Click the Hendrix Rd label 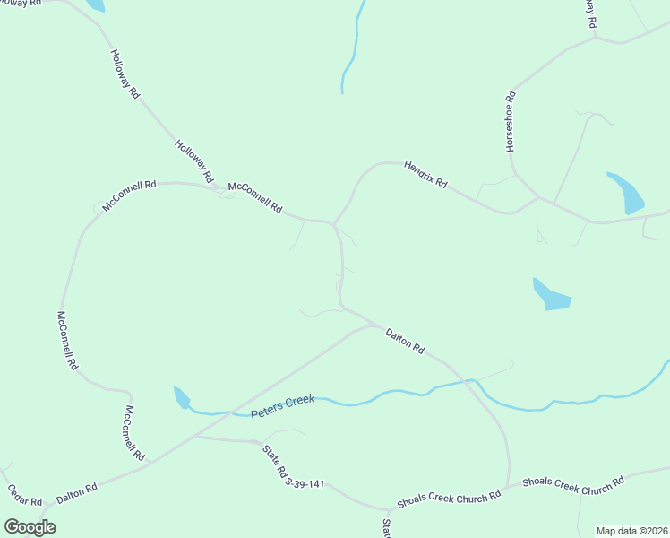425,174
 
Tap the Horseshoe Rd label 511,120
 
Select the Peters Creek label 282,406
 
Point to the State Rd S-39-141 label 291,467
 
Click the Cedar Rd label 24,496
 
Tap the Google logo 30,526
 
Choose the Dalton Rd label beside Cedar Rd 76,493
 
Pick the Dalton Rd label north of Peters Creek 404,342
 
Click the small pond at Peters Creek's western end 182,396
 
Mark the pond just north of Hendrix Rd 626,193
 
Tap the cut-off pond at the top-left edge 94,4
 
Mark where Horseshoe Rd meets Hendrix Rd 537,197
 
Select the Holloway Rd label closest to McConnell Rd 193,159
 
